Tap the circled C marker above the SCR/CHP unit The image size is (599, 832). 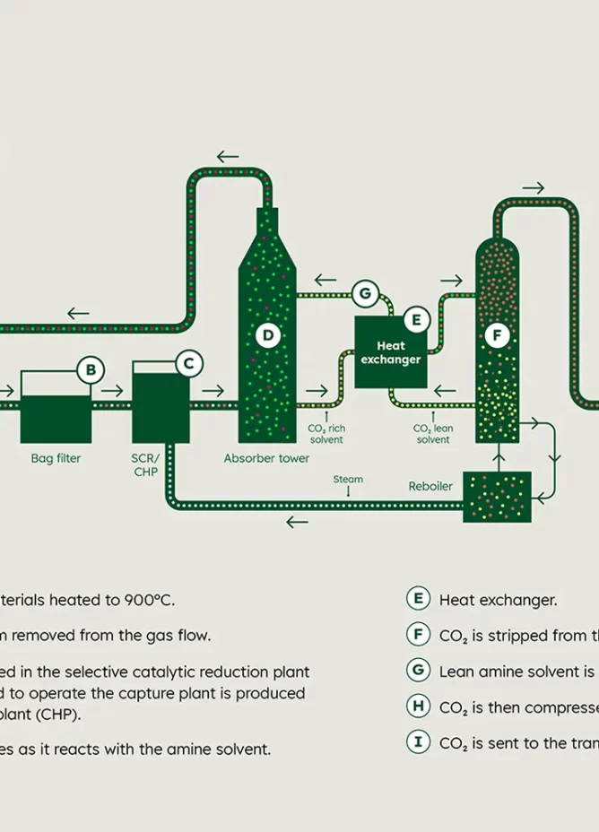188,363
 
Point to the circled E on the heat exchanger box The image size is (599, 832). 416,319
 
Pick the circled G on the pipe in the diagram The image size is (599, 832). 364,292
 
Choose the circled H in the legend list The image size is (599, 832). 418,706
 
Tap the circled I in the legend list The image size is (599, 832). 418,742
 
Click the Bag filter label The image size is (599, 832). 56,458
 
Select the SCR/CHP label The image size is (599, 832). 145,464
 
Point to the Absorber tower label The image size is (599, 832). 266,458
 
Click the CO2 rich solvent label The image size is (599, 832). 326,434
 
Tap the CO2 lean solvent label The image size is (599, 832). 433,434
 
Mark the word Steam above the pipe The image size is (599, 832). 348,479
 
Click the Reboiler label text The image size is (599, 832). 430,487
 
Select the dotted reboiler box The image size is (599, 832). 497,497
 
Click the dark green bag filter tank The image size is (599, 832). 56,419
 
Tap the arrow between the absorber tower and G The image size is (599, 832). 326,280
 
